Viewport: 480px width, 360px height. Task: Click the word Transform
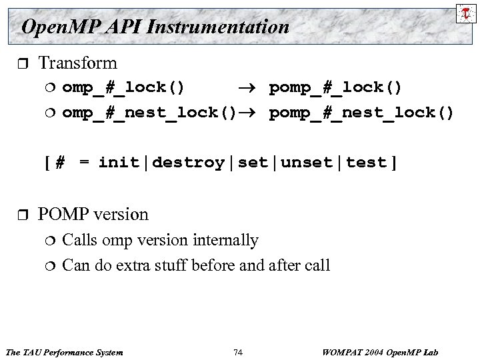77,63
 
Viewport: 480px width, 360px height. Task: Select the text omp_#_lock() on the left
124,88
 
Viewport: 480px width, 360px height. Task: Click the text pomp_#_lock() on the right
335,88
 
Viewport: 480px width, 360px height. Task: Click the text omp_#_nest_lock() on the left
149,113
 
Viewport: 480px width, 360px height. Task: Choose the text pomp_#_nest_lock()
361,113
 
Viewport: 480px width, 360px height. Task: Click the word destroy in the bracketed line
188,163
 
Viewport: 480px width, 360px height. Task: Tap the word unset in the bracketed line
309,163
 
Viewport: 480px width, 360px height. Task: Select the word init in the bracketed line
121,163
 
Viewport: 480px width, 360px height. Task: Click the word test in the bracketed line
366,163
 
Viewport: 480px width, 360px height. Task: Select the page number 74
239,351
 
